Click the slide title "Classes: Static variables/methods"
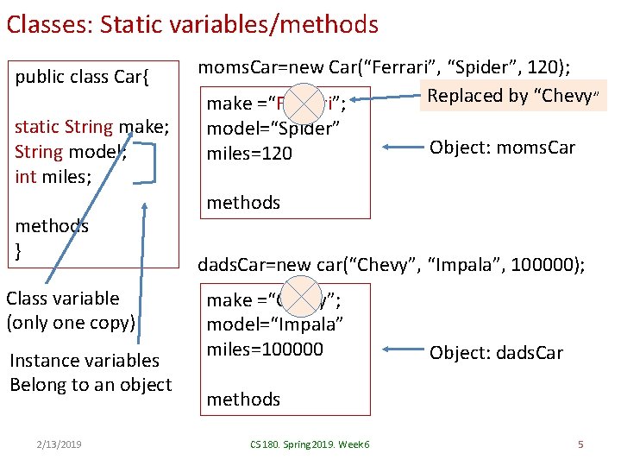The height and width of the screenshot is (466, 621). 191,24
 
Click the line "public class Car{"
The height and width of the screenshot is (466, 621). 83,78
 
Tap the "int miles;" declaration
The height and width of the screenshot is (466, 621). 54,177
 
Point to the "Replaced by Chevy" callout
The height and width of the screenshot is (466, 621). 515,96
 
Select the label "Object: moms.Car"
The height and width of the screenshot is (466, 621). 502,148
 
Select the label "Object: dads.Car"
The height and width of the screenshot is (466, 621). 496,352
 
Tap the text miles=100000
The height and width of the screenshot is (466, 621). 265,349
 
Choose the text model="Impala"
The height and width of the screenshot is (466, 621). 275,324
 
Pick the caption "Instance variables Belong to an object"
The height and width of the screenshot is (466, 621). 90,372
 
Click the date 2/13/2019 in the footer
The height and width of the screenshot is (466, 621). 60,444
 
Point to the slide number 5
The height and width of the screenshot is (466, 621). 580,444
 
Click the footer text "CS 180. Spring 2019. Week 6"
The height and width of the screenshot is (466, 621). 309,444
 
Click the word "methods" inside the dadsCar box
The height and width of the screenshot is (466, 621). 243,399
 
